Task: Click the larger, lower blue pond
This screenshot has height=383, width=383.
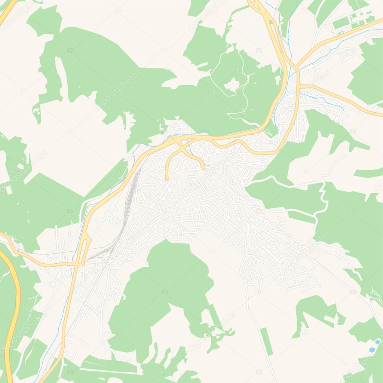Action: click(372, 350)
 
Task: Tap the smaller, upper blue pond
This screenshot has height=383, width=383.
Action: click(377, 342)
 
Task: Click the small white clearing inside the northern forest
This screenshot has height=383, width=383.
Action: click(232, 85)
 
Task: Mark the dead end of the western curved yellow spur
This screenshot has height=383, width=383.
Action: click(166, 180)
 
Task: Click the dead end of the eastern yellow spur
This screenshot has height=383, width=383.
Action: click(204, 168)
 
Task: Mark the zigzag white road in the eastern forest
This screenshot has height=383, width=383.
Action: click(322, 198)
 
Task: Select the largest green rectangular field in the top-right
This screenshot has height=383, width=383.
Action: click(341, 24)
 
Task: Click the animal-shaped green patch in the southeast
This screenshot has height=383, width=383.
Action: click(314, 310)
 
